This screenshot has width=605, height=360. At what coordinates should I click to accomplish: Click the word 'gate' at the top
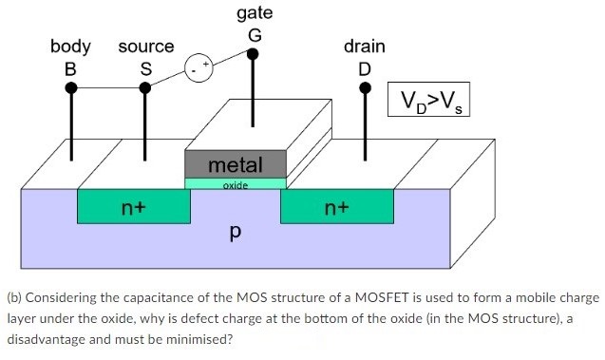tap(254, 13)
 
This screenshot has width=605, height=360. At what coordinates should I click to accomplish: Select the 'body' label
tap(70, 46)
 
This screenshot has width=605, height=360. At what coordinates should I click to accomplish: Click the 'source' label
tap(146, 46)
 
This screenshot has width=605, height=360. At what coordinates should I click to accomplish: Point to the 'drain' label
tap(365, 46)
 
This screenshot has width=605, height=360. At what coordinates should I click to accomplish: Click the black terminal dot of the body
tap(70, 88)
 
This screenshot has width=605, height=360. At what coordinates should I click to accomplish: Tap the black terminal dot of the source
tap(145, 88)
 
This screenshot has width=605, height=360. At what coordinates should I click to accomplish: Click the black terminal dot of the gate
tap(253, 54)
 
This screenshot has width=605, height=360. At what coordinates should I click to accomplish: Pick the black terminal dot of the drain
tap(365, 88)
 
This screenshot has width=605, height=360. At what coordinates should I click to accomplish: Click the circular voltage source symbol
tap(199, 68)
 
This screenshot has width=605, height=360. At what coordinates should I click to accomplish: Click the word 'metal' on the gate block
tap(235, 164)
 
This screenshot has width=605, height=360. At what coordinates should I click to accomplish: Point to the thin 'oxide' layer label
tap(235, 185)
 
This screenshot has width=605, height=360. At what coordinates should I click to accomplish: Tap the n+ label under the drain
tap(338, 205)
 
